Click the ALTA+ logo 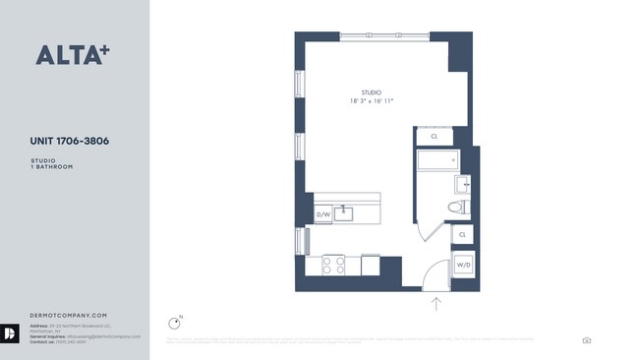(72, 55)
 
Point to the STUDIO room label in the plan (371, 92)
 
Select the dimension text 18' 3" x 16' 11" (371, 101)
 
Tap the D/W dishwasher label (322, 213)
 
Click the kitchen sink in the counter (344, 211)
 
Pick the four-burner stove (332, 264)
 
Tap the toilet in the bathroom (457, 207)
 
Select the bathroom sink (465, 184)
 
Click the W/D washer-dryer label (462, 264)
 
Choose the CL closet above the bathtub (434, 137)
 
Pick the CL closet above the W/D (462, 235)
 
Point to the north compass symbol (175, 322)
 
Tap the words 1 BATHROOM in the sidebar (52, 167)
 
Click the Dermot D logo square (11, 334)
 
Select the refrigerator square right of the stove (371, 265)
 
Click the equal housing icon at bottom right (587, 340)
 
